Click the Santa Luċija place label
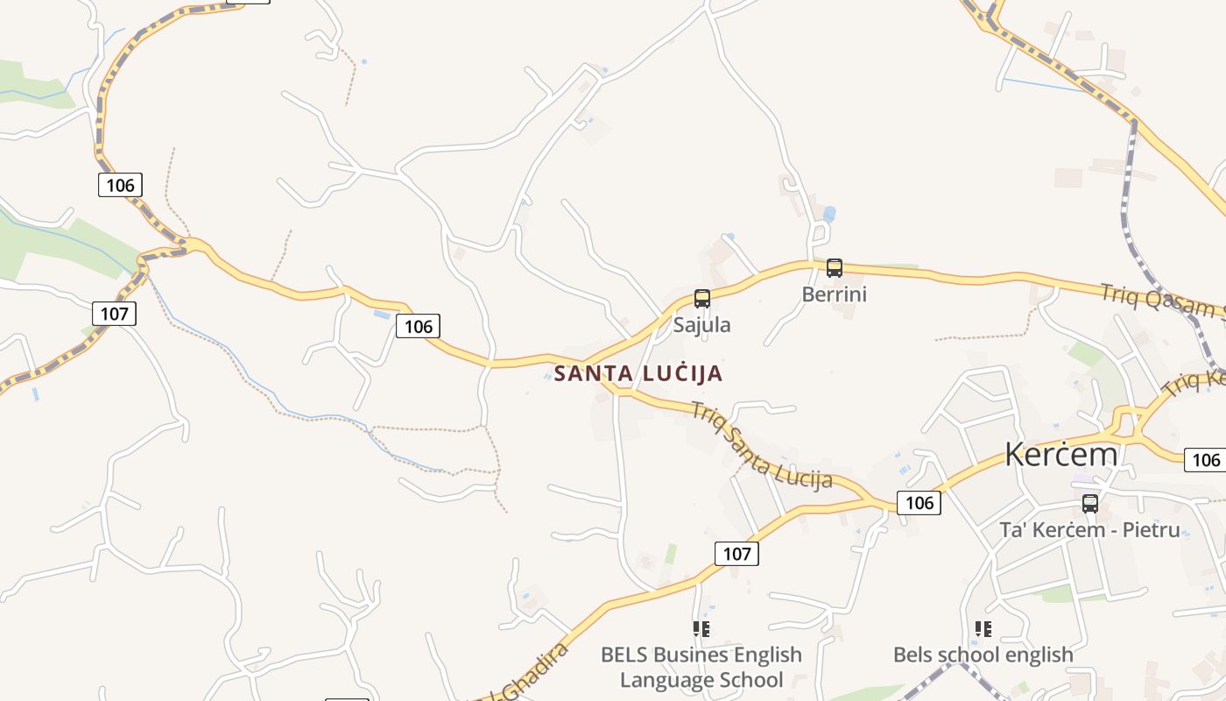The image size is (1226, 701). coord(638,373)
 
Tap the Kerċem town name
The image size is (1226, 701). coord(1060,454)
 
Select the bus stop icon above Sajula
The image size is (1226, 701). coord(701,299)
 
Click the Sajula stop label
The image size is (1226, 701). coord(701,324)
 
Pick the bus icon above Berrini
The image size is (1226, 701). coord(834,268)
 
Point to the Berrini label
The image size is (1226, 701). coord(834,294)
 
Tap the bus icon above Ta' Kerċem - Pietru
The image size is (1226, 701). coord(1089,504)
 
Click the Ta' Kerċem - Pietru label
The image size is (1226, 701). coord(1089,529)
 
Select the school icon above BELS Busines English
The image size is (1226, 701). coord(701,629)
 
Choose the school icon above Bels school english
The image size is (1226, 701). coord(983,629)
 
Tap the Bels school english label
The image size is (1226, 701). coord(983,655)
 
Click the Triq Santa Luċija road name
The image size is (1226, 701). coord(760,444)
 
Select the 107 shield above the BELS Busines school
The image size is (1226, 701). coord(736,553)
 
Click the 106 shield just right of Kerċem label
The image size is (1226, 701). coord(1206,459)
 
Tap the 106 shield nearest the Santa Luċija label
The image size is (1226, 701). coord(418,326)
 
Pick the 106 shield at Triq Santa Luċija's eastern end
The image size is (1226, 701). coord(919,502)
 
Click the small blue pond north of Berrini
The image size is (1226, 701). coord(828,213)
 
